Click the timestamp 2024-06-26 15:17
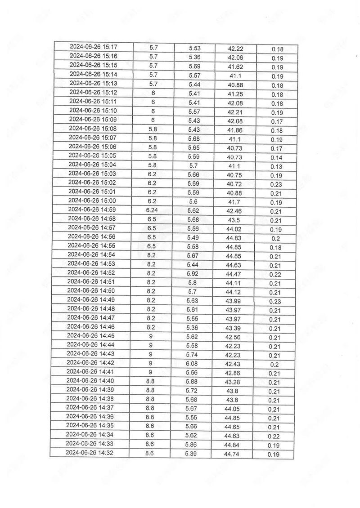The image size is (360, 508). [94, 47]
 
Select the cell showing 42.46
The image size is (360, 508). [234, 210]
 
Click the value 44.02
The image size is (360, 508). [234, 228]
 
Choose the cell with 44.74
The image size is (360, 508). [233, 454]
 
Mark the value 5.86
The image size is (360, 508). [192, 444]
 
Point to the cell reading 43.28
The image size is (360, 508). [234, 382]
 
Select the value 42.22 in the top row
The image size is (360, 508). [236, 48]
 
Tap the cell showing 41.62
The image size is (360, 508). [236, 66]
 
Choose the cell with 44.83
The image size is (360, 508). [234, 237]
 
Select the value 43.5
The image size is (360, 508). [234, 219]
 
